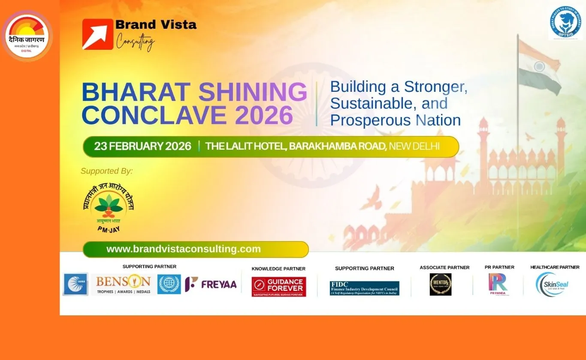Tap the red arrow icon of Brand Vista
pyautogui.click(x=97, y=34)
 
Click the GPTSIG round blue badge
pyautogui.click(x=566, y=23)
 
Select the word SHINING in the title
pyautogui.click(x=253, y=92)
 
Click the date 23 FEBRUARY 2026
pyautogui.click(x=142, y=146)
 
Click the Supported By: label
pyautogui.click(x=107, y=171)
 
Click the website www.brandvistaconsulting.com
pyautogui.click(x=184, y=249)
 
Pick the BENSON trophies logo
pyautogui.click(x=123, y=284)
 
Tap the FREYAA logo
pyautogui.click(x=211, y=284)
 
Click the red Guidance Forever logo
pyautogui.click(x=279, y=287)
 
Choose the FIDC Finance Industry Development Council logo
pyautogui.click(x=364, y=288)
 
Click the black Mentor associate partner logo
pyautogui.click(x=441, y=284)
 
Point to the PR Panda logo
pyautogui.click(x=498, y=284)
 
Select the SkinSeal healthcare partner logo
pyautogui.click(x=552, y=284)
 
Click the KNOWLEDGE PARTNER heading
pyautogui.click(x=278, y=269)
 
